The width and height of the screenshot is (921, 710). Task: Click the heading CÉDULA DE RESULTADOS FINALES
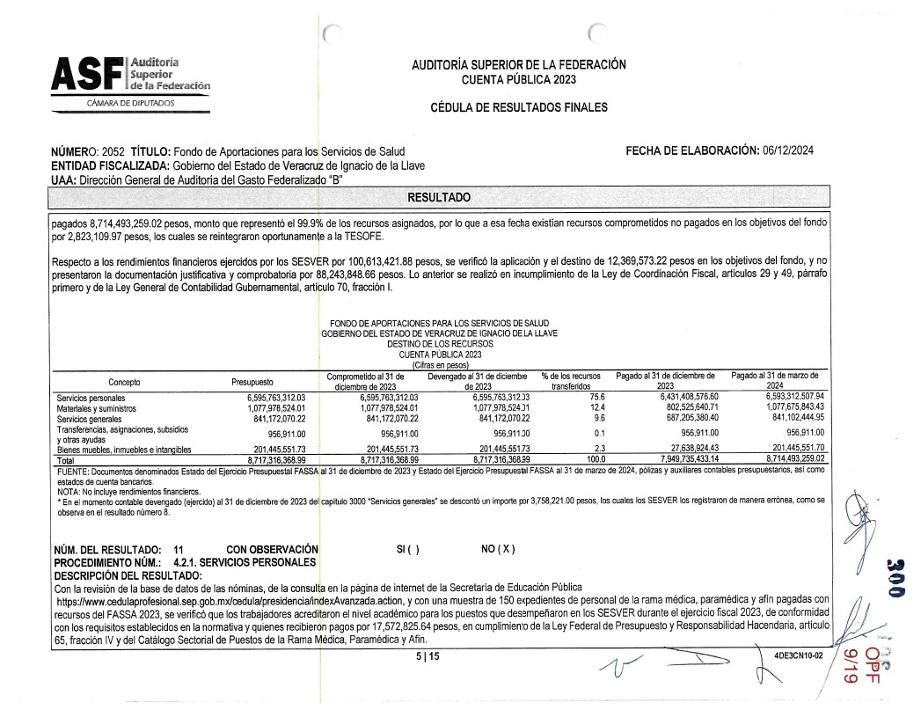pos(518,107)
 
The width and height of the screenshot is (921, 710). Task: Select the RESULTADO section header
pos(440,196)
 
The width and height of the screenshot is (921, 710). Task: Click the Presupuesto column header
pos(252,383)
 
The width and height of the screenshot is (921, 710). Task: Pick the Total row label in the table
pos(67,459)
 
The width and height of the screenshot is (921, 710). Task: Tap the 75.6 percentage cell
pos(576,399)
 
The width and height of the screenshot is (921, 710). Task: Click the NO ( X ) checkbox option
pos(498,549)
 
